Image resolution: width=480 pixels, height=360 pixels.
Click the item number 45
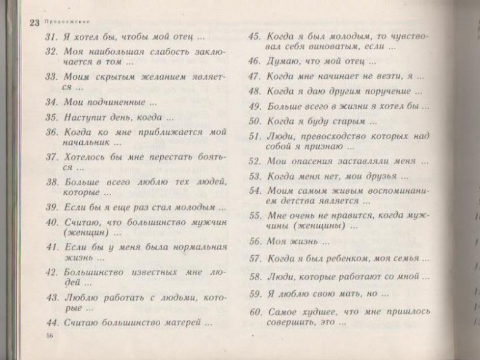[x=255, y=36]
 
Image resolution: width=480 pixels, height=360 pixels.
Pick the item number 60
[x=255, y=311]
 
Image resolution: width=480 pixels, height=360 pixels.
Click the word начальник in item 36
[x=86, y=142]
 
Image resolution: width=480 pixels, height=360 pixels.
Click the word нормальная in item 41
[x=196, y=247]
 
